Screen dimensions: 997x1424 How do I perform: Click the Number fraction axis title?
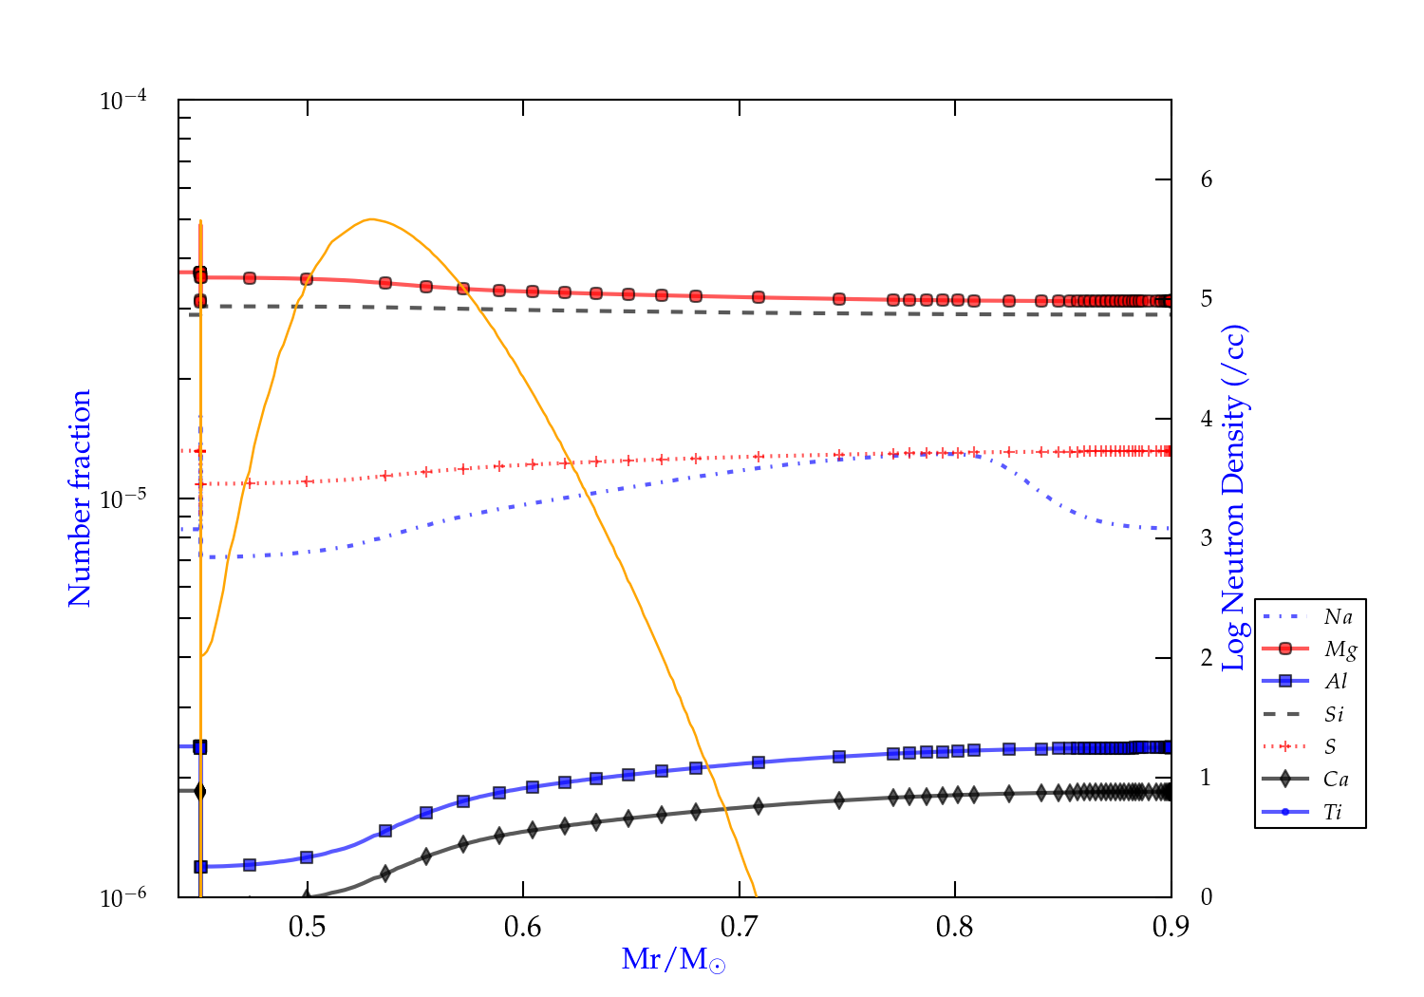pyautogui.click(x=80, y=498)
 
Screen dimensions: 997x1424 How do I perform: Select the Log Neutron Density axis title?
pyautogui.click(x=1233, y=498)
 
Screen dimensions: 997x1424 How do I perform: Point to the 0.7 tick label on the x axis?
pyautogui.click(x=739, y=926)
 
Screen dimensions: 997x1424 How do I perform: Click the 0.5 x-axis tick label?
pyautogui.click(x=307, y=926)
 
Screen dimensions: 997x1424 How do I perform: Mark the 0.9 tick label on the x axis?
pyautogui.click(x=1171, y=926)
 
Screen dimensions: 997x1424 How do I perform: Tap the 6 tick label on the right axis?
pyautogui.click(x=1207, y=179)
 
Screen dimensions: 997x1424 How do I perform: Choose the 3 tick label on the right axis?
pyautogui.click(x=1207, y=537)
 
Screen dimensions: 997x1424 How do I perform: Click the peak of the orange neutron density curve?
pyautogui.click(x=371, y=219)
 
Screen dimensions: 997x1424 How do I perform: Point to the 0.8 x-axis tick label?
pyautogui.click(x=955, y=926)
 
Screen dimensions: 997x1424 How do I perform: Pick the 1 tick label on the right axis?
pyautogui.click(x=1207, y=777)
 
